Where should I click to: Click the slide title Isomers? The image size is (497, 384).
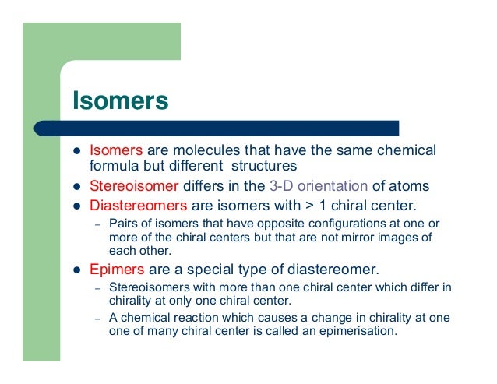pos(120,101)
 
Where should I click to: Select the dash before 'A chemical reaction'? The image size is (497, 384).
pos(98,318)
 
